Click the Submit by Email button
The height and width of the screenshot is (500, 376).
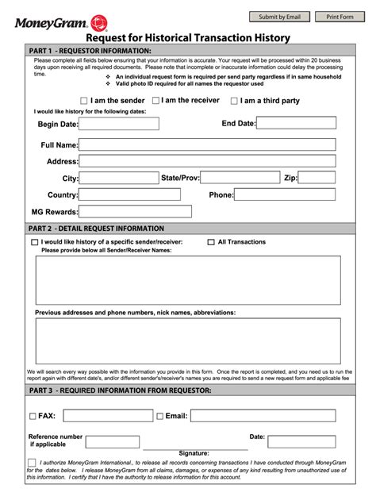point(279,17)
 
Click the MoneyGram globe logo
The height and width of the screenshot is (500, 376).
point(99,22)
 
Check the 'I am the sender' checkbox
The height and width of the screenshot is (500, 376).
point(84,101)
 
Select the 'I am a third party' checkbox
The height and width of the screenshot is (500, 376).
point(234,101)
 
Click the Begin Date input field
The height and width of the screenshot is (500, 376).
point(120,124)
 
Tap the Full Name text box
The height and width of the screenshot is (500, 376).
point(207,145)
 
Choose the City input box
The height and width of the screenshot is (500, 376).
point(119,178)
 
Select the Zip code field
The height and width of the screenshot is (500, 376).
point(317,178)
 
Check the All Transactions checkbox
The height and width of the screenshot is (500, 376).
point(211,242)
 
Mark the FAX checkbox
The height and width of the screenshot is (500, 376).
point(33,416)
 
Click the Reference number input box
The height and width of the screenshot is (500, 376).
point(112,441)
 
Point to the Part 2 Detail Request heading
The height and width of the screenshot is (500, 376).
point(97,228)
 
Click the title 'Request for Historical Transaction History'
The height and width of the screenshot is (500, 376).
point(187,37)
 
